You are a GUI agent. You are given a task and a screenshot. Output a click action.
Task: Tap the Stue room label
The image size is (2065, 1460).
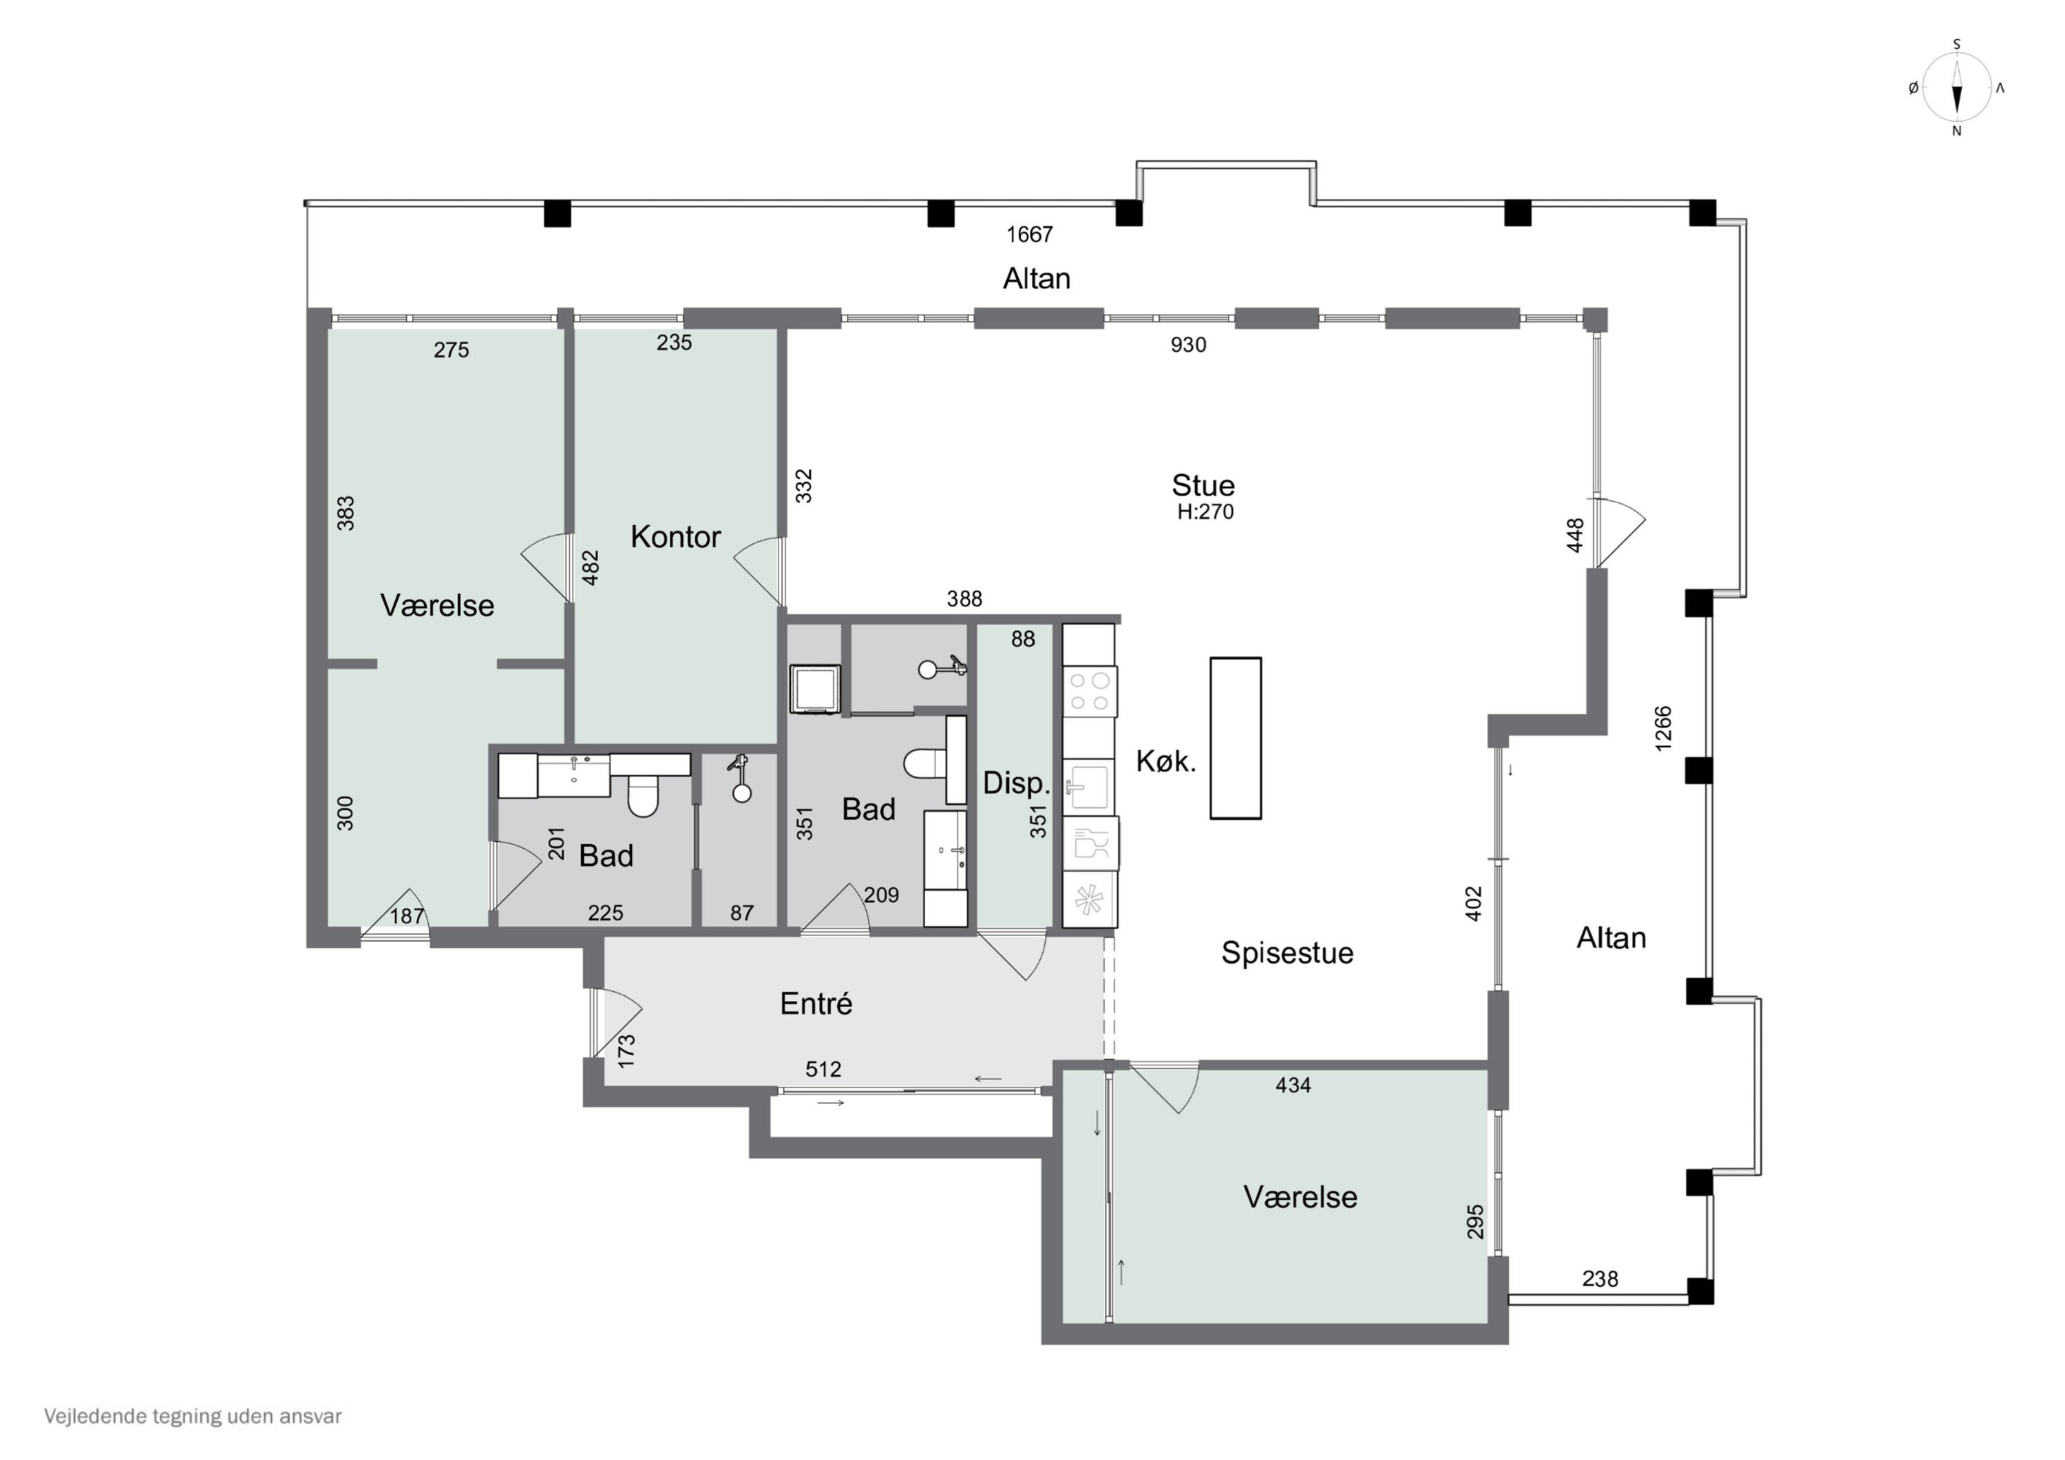1203,486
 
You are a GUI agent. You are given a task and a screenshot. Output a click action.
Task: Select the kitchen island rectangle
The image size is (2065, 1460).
1235,738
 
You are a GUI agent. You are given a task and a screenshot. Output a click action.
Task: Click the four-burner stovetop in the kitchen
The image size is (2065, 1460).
1090,692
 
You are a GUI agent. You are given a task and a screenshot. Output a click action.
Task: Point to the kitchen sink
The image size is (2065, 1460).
1088,787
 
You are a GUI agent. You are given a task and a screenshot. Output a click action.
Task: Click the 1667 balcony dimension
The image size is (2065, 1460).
1029,235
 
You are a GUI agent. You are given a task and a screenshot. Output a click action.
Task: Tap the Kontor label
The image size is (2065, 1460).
675,537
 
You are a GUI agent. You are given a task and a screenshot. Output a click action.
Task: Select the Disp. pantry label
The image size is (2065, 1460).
1016,783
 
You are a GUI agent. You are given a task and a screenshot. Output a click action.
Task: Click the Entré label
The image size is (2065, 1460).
816,1004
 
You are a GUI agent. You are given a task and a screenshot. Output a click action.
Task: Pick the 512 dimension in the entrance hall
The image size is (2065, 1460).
823,1069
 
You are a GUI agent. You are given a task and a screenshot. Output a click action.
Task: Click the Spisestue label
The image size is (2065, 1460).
1287,953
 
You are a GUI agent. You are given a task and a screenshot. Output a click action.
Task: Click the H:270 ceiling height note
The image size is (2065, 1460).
1205,512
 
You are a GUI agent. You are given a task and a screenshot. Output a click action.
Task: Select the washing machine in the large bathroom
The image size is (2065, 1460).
815,689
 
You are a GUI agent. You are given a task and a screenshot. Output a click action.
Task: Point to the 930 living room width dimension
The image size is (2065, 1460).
1188,345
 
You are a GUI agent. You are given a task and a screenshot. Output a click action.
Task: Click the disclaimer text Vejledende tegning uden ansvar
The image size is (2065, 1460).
193,1417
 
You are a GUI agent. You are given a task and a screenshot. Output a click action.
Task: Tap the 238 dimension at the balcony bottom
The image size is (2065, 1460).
1600,1278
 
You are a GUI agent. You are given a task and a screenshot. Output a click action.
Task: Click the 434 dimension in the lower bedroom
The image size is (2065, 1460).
1293,1086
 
